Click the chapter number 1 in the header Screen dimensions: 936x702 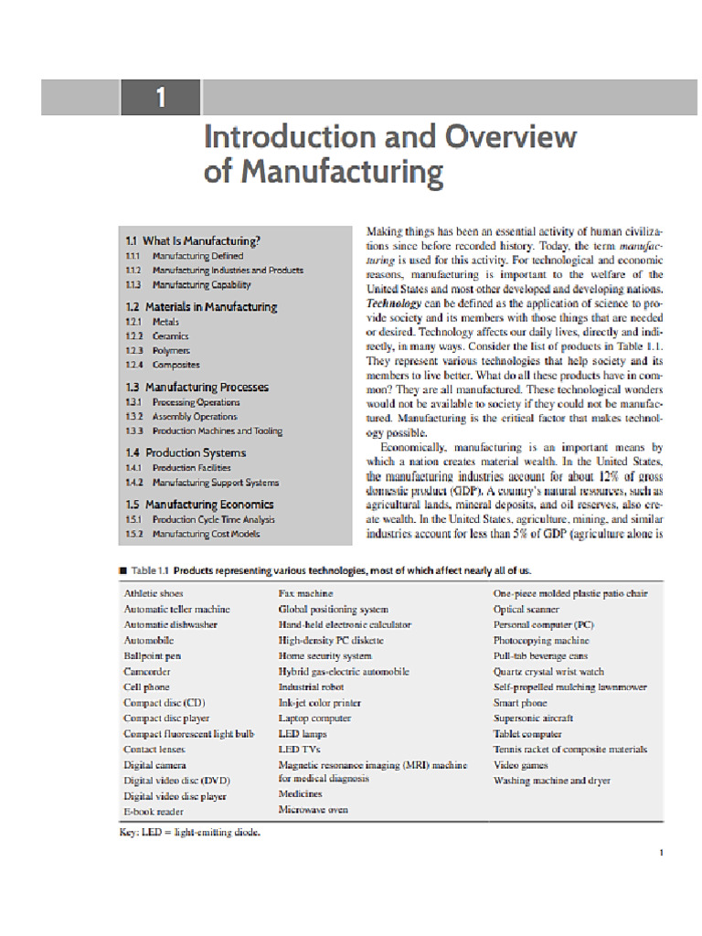(160, 97)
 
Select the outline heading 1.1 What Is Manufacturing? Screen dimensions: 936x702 (193, 241)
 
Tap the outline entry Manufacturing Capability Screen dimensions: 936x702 (201, 285)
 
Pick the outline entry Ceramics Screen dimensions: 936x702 (171, 336)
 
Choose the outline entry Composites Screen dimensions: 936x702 (175, 366)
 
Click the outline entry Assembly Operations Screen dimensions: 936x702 (195, 417)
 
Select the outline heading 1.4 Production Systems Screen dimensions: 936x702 (186, 452)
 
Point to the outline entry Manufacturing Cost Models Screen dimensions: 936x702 (206, 534)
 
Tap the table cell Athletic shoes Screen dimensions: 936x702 (154, 593)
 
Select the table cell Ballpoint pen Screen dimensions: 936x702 (153, 655)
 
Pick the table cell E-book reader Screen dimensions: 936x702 (154, 812)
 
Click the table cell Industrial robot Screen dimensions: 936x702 (311, 686)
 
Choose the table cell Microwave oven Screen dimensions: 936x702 (313, 810)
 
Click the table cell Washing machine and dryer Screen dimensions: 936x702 (551, 781)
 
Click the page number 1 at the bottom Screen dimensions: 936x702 (660, 853)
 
